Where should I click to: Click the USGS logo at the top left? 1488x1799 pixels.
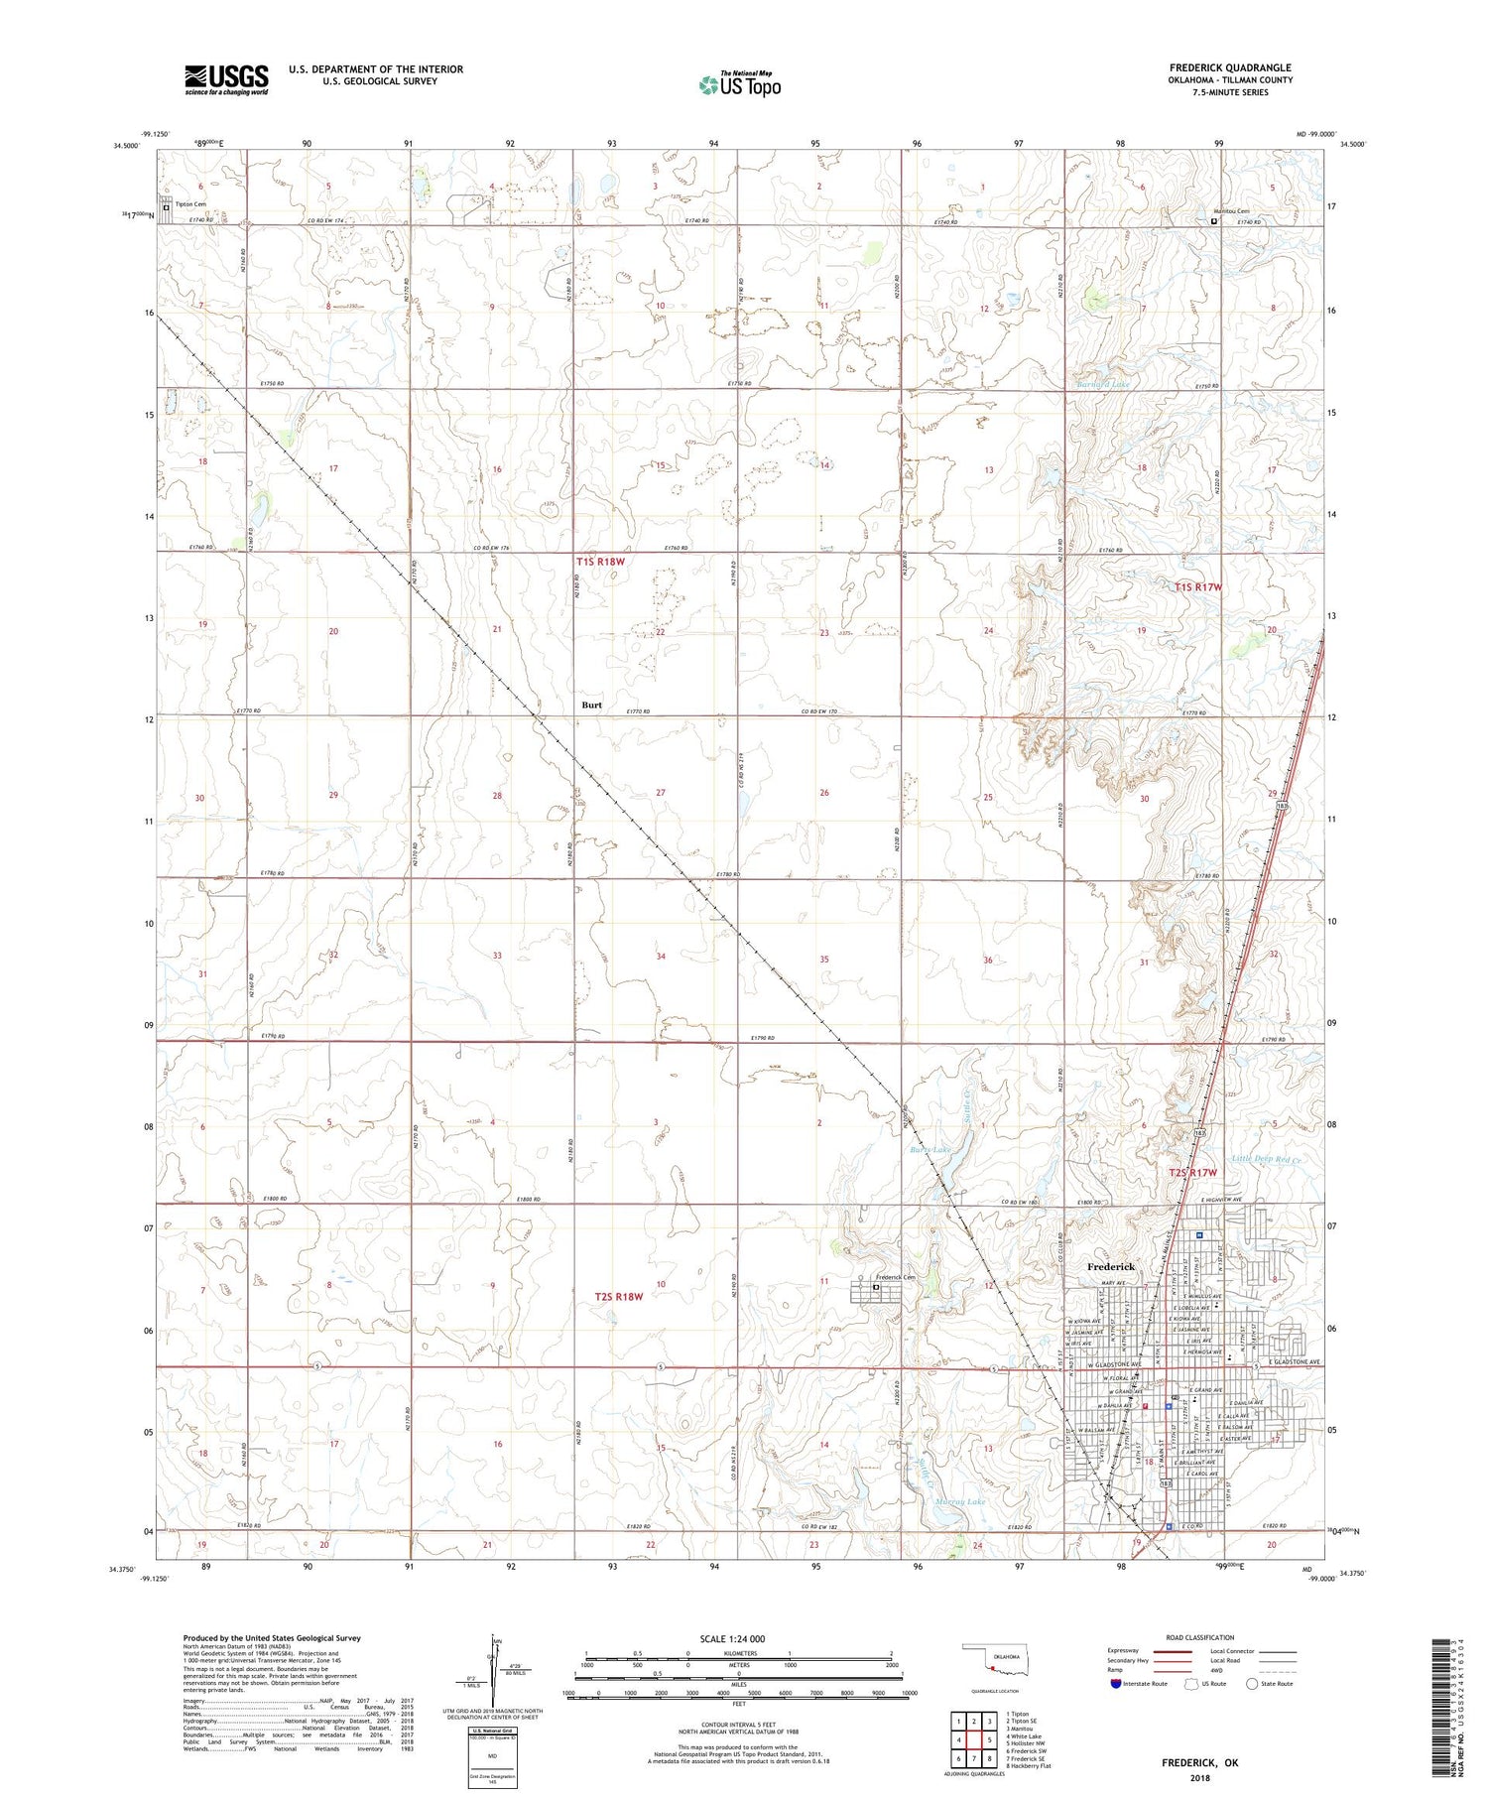tap(226, 79)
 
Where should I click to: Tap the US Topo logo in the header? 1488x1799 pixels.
tap(740, 85)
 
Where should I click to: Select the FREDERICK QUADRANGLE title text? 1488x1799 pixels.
tap(1230, 67)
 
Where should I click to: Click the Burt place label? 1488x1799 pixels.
tap(591, 705)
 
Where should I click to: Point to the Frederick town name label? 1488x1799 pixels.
tap(1110, 1267)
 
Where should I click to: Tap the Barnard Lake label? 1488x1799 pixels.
tap(1103, 384)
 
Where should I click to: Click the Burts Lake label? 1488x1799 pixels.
tap(930, 1150)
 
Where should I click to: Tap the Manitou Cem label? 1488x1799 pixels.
tap(1231, 211)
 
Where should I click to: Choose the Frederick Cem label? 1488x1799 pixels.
tap(895, 1277)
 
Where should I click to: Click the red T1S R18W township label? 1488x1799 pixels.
tap(600, 562)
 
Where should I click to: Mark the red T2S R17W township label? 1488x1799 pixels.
tap(1191, 1173)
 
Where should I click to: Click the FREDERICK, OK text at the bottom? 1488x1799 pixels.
tap(1200, 1762)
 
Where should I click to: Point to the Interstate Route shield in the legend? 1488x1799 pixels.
tap(1116, 1684)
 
